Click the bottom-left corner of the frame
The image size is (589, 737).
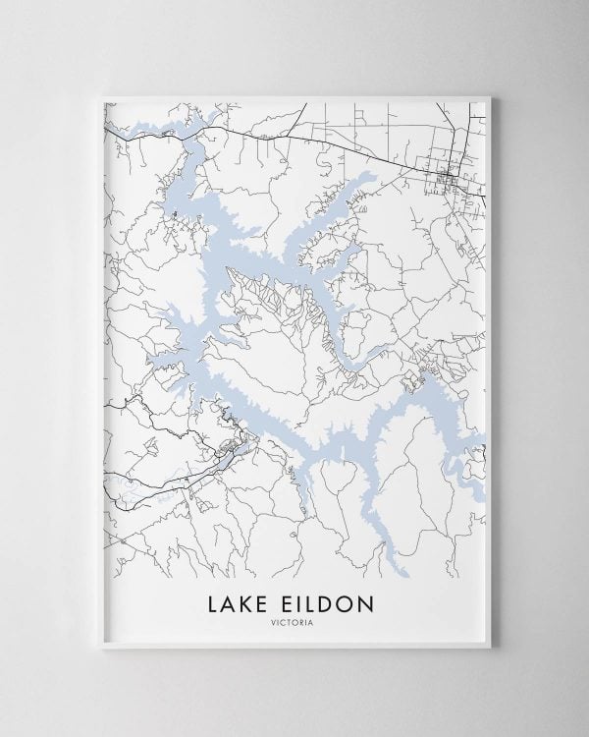[92, 651]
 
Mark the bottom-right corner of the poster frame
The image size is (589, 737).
[498, 651]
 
